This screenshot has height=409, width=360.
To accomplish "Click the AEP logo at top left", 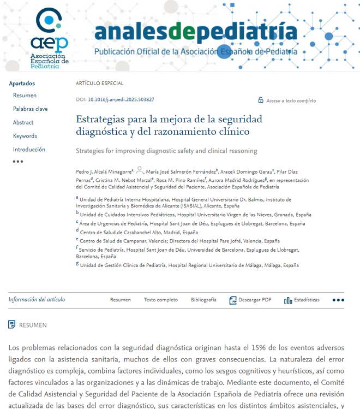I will click(x=49, y=37).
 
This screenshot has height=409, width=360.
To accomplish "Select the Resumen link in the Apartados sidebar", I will click(x=25, y=96).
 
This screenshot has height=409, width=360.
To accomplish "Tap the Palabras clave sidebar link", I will click(x=30, y=109).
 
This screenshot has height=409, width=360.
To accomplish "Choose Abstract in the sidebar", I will click(x=23, y=122).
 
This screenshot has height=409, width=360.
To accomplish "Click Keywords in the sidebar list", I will click(x=25, y=136).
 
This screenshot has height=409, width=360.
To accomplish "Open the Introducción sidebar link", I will click(x=29, y=150).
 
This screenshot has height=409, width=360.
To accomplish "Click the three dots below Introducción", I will click(x=18, y=162).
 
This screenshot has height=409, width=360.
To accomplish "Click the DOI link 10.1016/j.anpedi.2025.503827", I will click(x=121, y=100).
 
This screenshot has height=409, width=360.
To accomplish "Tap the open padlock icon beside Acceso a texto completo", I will click(x=261, y=100).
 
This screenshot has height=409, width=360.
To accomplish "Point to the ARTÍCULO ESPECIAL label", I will click(x=99, y=84).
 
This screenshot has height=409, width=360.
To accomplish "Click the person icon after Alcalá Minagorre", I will click(x=140, y=170).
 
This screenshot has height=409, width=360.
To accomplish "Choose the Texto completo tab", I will click(x=160, y=300).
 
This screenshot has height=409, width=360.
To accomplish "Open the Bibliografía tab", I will click(x=203, y=300).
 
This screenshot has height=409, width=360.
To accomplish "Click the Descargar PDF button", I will click(x=250, y=300).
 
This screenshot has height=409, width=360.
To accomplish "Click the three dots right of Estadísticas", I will click(x=338, y=300).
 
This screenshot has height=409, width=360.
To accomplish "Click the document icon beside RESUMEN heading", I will click(x=12, y=325).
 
